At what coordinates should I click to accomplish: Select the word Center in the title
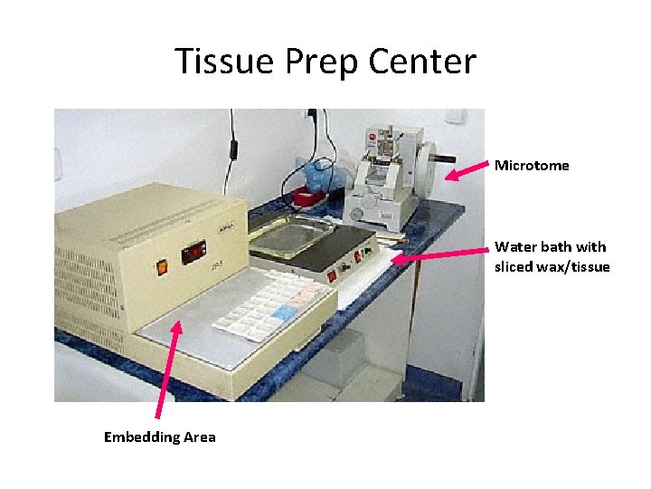422,62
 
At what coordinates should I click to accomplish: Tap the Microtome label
532,166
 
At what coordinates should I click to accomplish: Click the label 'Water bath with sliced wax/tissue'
552,256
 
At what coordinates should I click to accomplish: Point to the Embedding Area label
160,437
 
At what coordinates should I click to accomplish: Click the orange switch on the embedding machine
163,266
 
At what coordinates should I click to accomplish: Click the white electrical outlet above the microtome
457,117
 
